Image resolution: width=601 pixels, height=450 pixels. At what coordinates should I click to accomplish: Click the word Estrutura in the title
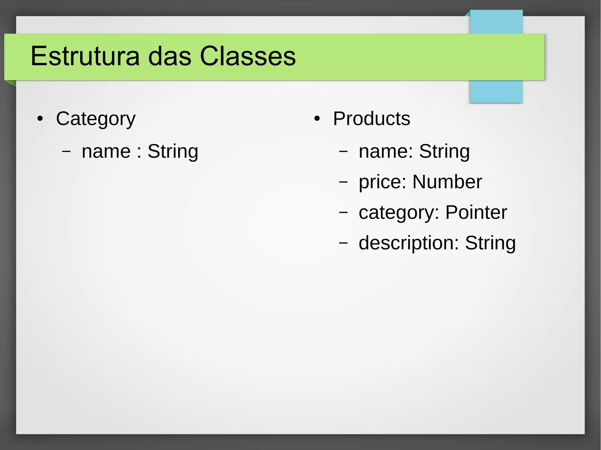(x=85, y=56)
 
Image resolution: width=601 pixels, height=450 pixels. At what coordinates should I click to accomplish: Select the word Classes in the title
(x=248, y=56)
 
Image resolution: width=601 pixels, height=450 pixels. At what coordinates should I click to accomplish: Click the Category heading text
(x=96, y=119)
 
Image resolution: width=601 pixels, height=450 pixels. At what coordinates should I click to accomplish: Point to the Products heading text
(x=372, y=119)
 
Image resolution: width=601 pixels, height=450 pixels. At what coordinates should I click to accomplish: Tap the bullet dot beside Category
(x=40, y=119)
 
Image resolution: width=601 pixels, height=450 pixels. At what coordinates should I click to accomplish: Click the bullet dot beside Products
(x=317, y=119)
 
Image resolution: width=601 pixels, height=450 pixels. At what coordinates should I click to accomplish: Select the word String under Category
(x=173, y=152)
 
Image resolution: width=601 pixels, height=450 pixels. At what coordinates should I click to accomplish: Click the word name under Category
(x=106, y=152)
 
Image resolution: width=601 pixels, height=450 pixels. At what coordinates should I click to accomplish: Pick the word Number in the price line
(x=447, y=182)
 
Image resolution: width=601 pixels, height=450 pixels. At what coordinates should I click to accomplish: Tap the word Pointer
(x=476, y=212)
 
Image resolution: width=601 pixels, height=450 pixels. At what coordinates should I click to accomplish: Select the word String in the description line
(x=490, y=243)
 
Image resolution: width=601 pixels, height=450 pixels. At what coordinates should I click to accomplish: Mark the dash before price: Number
(x=343, y=182)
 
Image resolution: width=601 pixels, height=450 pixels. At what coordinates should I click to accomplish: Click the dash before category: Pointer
(x=343, y=213)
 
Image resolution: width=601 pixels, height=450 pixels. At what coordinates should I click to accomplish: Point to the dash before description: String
(x=343, y=243)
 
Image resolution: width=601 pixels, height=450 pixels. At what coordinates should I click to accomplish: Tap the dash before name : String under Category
(x=66, y=152)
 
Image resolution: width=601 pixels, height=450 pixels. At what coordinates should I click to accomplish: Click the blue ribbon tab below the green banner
(x=496, y=91)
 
